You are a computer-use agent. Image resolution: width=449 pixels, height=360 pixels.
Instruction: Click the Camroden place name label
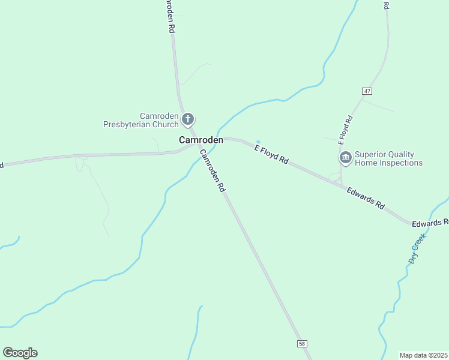point(201,140)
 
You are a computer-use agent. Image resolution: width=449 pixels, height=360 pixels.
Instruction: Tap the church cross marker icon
point(188,118)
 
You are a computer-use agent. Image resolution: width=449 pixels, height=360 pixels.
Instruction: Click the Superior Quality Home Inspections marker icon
point(345,158)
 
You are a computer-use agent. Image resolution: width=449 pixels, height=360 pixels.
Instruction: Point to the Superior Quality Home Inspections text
point(388,158)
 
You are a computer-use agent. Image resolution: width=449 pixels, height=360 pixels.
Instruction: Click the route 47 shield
point(367,91)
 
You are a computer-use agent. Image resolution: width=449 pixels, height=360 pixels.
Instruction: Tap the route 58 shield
point(302,343)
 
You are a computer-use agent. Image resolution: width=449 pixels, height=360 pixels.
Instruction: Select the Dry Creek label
point(417,249)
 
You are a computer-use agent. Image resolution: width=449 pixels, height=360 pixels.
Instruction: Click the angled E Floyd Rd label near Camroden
point(272,155)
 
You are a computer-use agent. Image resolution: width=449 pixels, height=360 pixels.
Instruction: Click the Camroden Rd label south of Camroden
point(212,170)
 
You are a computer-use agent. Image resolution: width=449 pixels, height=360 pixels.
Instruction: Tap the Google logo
point(20,353)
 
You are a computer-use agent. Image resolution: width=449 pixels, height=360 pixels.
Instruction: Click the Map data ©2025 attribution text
point(423,355)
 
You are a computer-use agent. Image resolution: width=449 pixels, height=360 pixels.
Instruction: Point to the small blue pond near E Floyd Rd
point(258,142)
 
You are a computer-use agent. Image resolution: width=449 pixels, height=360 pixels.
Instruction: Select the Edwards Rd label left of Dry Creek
point(366,197)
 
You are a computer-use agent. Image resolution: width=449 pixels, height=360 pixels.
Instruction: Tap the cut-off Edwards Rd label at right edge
point(430,223)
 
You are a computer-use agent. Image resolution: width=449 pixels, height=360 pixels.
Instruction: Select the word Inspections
point(400,163)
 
